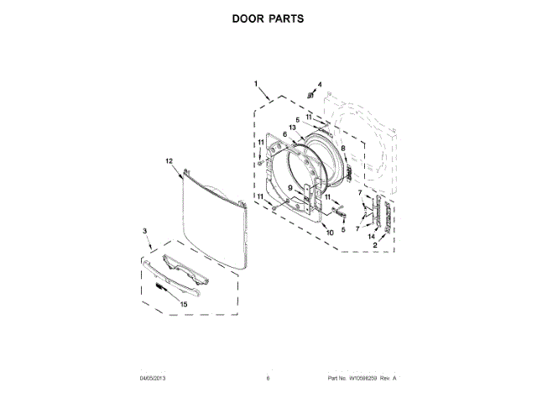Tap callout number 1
(257, 83)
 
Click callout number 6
(284, 134)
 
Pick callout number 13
(292, 128)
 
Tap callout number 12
(168, 160)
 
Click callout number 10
(330, 232)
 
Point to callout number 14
(370, 238)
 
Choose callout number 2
(375, 246)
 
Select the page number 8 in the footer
(268, 379)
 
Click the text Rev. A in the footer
(388, 379)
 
